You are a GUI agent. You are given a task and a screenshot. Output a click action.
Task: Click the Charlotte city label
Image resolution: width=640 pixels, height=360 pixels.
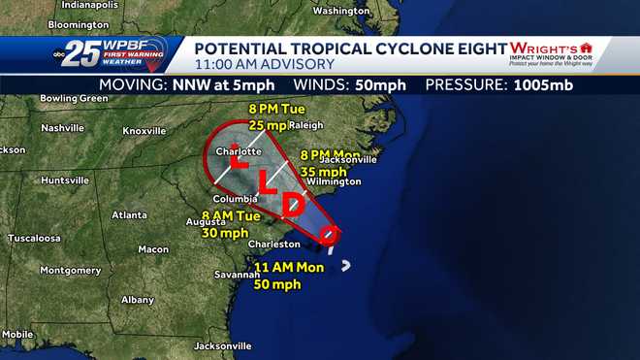[239, 151]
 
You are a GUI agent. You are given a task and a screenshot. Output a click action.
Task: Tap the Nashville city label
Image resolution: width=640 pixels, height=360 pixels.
[63, 127]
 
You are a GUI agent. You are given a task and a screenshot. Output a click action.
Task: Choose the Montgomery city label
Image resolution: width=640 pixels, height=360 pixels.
[70, 270]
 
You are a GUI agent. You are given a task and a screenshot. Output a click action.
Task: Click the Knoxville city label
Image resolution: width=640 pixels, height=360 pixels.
[144, 131]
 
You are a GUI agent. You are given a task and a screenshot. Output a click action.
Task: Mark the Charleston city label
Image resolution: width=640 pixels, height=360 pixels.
[274, 245]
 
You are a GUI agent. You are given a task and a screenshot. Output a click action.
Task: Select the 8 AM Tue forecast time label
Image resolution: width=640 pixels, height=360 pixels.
[226, 215]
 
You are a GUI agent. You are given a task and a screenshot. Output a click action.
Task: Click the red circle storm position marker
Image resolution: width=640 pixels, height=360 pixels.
[329, 233]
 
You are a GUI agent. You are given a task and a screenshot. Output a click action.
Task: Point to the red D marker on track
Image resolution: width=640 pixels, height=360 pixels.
[293, 204]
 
